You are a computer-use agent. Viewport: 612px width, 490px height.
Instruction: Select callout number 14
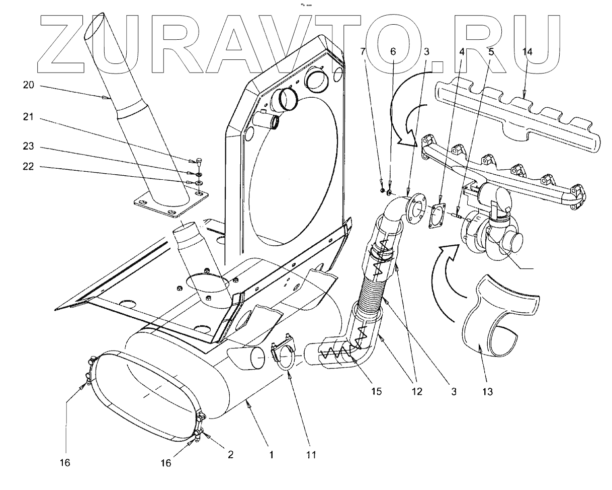(528, 52)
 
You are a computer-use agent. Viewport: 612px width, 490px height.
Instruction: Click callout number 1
(271, 455)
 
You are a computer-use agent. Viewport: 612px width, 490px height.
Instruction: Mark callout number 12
(415, 390)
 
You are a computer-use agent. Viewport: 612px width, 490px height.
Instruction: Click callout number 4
(460, 52)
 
